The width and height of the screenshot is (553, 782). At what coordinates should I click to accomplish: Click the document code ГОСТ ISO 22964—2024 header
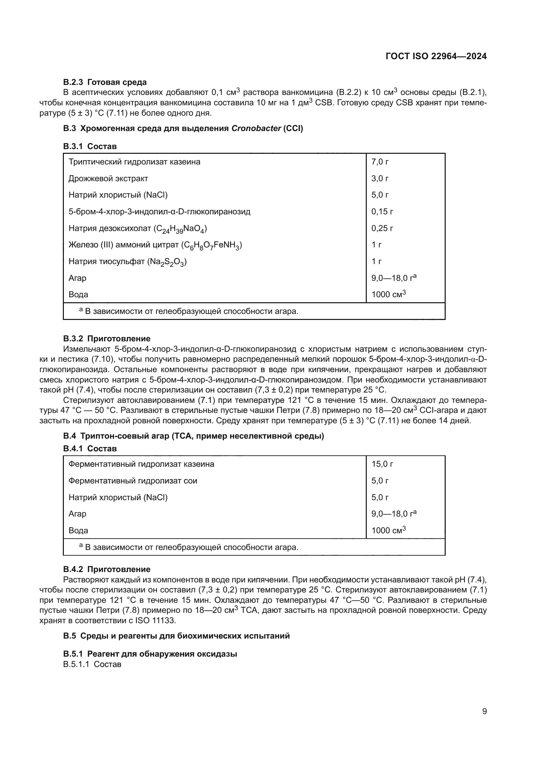tap(436, 56)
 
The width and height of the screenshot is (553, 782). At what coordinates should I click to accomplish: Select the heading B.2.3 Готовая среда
tap(105, 82)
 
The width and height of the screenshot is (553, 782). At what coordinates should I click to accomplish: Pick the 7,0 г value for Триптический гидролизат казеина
tap(380, 162)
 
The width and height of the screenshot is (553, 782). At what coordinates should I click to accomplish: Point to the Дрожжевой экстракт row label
tap(108, 179)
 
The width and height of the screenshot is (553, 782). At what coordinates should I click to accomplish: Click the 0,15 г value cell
tap(382, 212)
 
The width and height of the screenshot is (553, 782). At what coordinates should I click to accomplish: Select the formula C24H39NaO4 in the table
tap(180, 229)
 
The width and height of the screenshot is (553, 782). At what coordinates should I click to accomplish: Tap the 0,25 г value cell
tap(382, 228)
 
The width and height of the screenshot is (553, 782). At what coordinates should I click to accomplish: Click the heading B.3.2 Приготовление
tap(107, 339)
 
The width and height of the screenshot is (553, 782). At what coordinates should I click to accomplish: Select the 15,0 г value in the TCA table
tap(382, 464)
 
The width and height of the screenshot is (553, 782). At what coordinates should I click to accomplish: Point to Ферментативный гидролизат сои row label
tap(133, 480)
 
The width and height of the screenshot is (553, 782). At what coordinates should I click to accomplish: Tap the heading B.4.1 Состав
tap(90, 449)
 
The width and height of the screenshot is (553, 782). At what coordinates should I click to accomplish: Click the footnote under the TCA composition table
tap(189, 547)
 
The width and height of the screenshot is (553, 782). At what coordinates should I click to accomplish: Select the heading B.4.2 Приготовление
tap(107, 569)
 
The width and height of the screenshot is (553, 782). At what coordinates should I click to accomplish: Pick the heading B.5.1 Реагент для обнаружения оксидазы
tap(150, 654)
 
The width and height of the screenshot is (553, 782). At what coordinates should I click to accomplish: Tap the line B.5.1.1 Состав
tap(92, 664)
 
